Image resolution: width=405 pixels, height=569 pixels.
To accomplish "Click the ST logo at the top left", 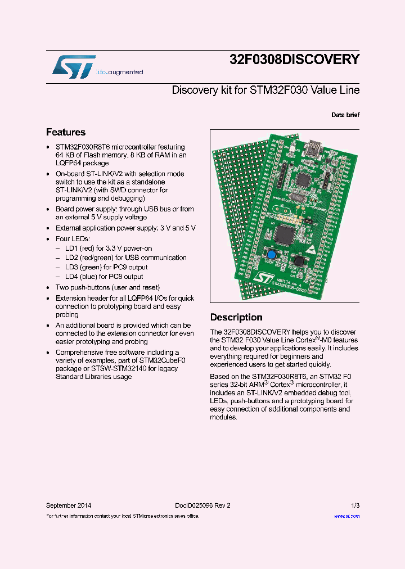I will coord(74,66).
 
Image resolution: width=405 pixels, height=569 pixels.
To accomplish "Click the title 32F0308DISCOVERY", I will coord(294,60).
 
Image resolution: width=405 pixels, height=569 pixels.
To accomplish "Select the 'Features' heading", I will coord(66,132).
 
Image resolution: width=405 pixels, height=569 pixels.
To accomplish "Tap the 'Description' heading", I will coord(236,317).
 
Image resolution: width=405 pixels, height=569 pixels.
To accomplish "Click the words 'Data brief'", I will coord(345,115).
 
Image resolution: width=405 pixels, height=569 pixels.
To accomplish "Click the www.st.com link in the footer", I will coord(346,516).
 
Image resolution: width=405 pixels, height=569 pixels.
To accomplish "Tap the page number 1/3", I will coord(355,505).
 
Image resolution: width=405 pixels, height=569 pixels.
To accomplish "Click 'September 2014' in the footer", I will coord(68,505).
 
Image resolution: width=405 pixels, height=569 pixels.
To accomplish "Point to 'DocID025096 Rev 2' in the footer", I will coord(199,505).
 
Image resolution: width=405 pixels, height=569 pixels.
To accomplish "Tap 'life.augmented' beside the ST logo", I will coord(119,73).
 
